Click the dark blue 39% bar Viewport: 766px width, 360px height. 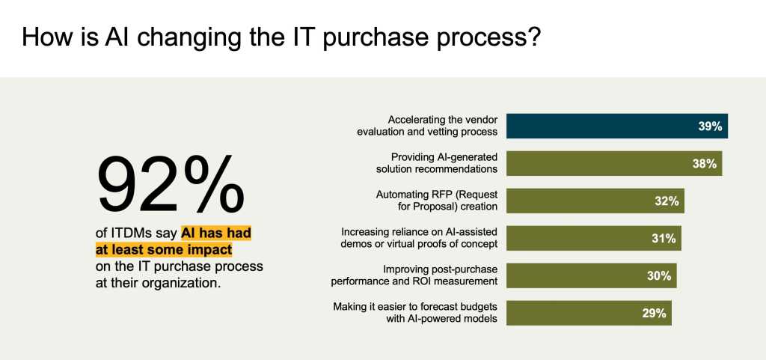point(617,126)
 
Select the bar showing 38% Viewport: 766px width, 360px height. point(614,164)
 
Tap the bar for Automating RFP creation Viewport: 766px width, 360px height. point(595,201)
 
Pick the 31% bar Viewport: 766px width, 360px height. point(593,238)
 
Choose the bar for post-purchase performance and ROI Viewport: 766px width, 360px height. point(592,275)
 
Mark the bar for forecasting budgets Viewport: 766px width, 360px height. point(589,313)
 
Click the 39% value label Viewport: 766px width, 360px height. point(710,126)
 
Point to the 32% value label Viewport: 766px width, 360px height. point(667,201)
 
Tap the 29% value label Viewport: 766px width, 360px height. point(654,314)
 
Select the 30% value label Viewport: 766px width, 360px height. point(659,276)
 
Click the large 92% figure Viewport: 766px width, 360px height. point(171,185)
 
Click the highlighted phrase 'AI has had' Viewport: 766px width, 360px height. point(216,234)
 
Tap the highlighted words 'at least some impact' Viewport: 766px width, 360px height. point(164,250)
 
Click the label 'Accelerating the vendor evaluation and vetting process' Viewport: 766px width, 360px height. point(427,126)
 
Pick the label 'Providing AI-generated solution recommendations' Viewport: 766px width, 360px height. point(437,163)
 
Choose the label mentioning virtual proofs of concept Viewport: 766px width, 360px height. point(419,238)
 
